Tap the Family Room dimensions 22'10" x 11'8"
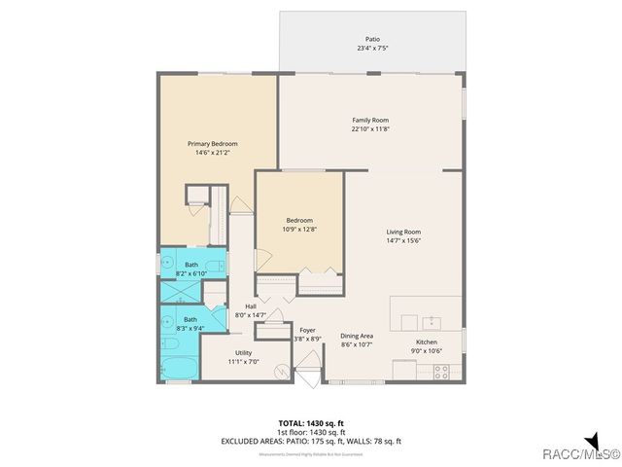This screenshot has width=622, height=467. pos(376,128)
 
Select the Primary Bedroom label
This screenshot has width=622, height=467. pos(212,143)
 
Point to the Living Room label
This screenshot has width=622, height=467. pos(403,232)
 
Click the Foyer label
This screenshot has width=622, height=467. pos(307,331)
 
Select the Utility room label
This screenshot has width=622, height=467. pos(242,352)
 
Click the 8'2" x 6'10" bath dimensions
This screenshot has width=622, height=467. pos(191,272)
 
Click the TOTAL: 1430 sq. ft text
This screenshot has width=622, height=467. pos(311,423)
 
